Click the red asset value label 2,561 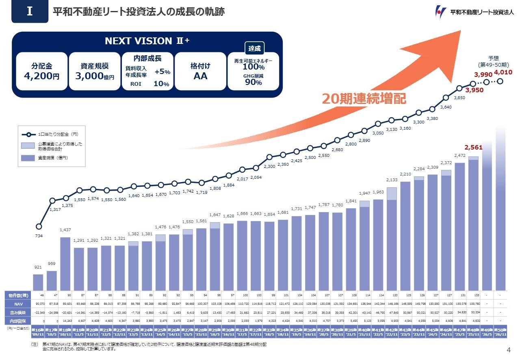(473, 147)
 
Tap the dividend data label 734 (39, 236)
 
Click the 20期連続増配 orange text (364, 99)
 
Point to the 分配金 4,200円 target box (41, 71)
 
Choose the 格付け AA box (200, 71)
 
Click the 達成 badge (254, 48)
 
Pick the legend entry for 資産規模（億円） (50, 158)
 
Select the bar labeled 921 (38, 282)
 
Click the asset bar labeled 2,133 (392, 244)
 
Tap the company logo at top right (473, 12)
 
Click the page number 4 (509, 350)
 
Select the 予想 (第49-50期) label (493, 61)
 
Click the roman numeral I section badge (30, 12)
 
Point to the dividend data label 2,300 (269, 166)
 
